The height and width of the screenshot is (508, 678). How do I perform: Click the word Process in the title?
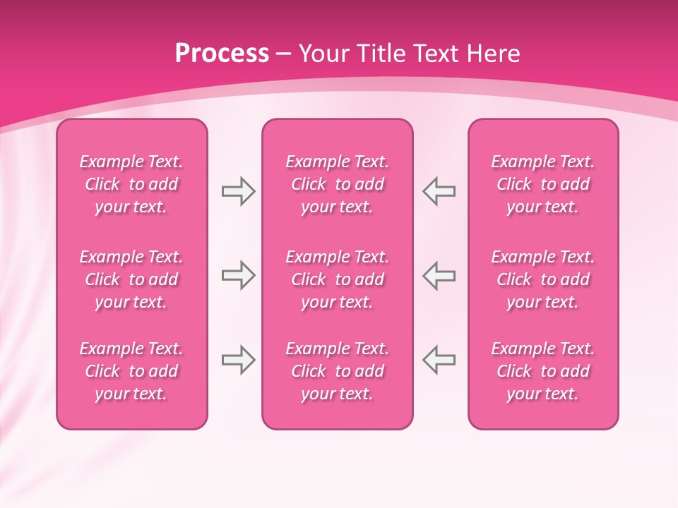(x=222, y=54)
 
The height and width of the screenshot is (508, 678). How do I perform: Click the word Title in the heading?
(x=379, y=54)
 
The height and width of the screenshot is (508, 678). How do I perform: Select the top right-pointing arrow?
(x=238, y=191)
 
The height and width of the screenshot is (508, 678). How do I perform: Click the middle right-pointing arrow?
(x=238, y=276)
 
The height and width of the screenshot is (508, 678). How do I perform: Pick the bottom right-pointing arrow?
(x=238, y=360)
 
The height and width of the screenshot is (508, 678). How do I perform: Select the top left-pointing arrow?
(x=439, y=191)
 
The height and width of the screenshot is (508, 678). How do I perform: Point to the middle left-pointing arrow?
(x=439, y=276)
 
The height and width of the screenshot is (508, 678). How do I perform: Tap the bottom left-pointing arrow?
(x=439, y=360)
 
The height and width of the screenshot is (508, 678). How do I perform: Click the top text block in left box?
(x=131, y=184)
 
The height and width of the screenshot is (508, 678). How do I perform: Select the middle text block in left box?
(x=131, y=279)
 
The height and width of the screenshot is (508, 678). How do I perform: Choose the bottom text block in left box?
(x=131, y=371)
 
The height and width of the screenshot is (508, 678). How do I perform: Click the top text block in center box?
(x=337, y=184)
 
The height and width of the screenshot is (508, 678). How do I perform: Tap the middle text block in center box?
(x=337, y=279)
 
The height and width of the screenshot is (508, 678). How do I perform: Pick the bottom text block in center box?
(x=337, y=371)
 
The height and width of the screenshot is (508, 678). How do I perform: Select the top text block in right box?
(x=542, y=184)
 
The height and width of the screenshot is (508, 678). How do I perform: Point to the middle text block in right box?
(x=542, y=279)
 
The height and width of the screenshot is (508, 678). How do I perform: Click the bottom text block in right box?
(x=542, y=371)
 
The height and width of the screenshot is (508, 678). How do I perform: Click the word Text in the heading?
(x=436, y=54)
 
